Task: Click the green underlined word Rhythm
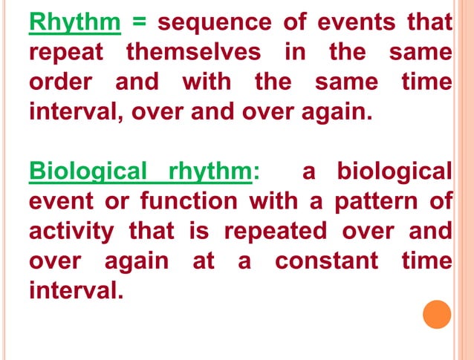[x=75, y=23]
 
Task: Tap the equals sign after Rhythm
[x=139, y=23]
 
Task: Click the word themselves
[x=193, y=53]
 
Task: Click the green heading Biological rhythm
[x=140, y=171]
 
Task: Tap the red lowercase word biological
[x=394, y=171]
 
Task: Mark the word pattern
[x=371, y=201]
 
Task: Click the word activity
[x=71, y=231]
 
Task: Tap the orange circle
[x=437, y=314]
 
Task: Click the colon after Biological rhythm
[x=256, y=173]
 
